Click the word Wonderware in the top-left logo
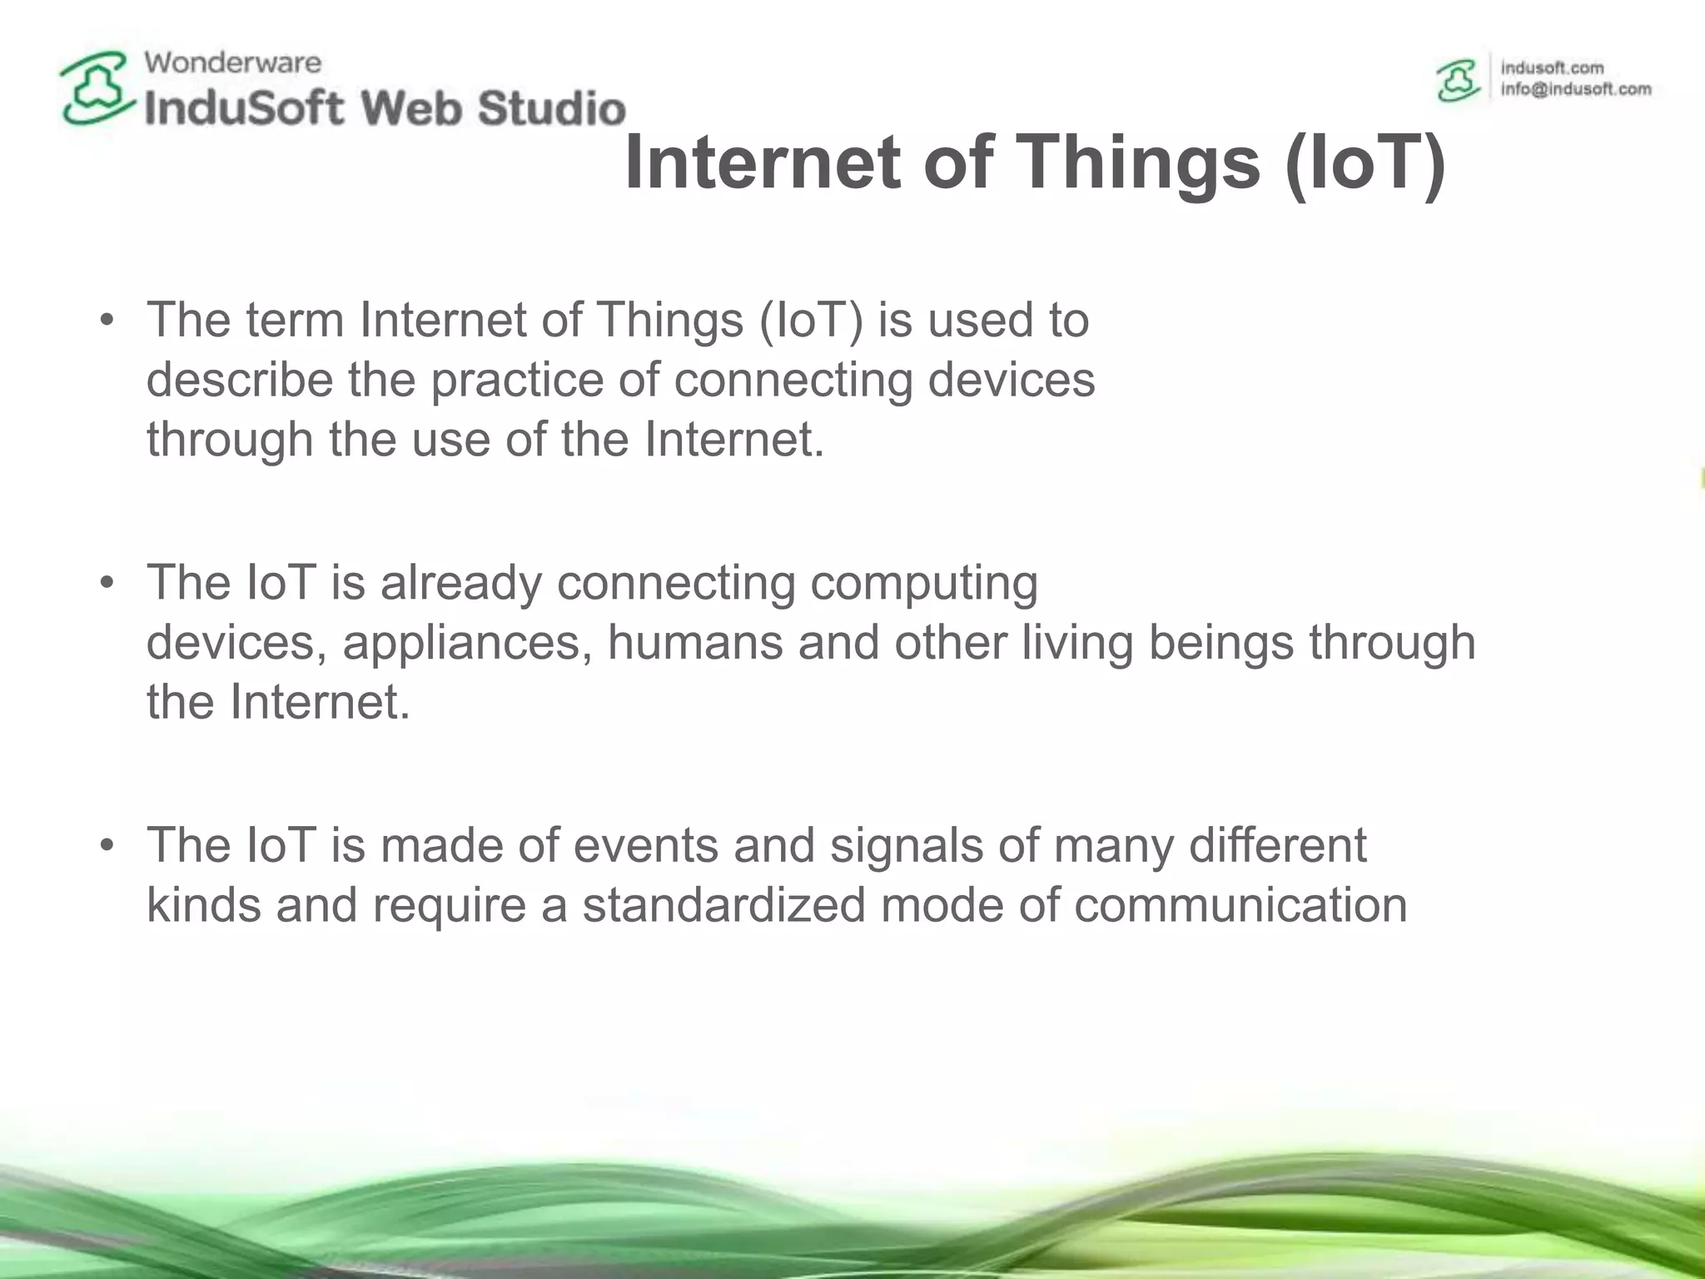tap(232, 62)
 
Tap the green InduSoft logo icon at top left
tap(97, 88)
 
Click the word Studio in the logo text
tap(552, 109)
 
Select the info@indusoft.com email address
tap(1575, 89)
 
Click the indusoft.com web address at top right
tap(1552, 67)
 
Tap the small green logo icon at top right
tap(1459, 81)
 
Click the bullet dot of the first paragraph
tap(106, 321)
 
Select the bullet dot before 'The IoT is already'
tap(106, 583)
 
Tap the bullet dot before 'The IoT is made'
tap(106, 846)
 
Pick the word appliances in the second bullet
tap(467, 643)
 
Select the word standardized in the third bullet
tap(723, 906)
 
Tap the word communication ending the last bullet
tap(1240, 906)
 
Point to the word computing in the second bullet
tap(923, 583)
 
